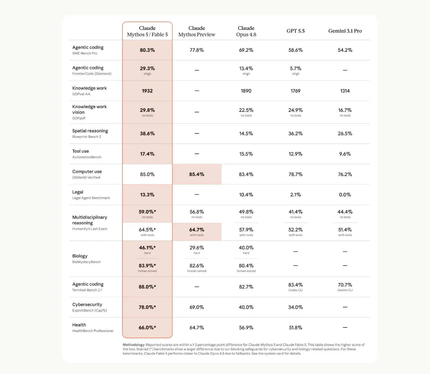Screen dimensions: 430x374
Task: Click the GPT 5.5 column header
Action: (296, 31)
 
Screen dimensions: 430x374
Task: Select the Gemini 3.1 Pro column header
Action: (345, 31)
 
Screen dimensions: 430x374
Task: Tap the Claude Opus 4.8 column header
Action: (246, 31)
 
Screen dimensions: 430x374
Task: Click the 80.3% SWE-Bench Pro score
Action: (147, 50)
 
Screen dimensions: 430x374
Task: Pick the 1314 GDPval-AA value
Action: (345, 91)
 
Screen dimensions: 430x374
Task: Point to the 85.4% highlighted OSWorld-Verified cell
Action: (197, 174)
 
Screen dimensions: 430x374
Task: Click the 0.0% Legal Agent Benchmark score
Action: (345, 195)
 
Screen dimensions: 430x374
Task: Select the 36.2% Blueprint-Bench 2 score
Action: (296, 134)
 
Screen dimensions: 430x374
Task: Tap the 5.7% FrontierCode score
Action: (296, 68)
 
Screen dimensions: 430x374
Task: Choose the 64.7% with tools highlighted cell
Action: (197, 231)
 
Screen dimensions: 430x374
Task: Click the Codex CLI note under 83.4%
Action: (296, 290)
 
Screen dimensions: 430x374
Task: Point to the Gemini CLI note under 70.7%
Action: (345, 290)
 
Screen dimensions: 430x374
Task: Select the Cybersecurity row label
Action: (87, 305)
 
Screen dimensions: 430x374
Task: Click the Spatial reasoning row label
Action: (90, 131)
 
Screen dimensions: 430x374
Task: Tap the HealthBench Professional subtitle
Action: (93, 331)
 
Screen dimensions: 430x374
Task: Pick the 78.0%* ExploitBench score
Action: (147, 307)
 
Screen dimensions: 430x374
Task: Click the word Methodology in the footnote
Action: (134, 345)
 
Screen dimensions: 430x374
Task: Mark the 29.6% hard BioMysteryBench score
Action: (197, 248)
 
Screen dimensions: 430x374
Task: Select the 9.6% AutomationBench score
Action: (345, 154)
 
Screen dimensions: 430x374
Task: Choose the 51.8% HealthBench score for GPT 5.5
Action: (296, 328)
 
